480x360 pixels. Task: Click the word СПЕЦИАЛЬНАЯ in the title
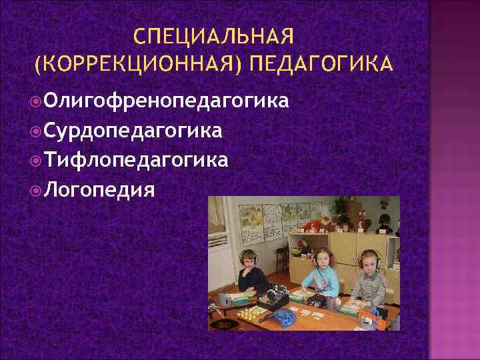click(x=213, y=34)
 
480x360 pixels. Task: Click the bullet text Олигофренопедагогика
click(x=167, y=101)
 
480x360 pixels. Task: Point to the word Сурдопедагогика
click(x=134, y=131)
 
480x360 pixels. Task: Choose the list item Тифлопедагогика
click(x=137, y=160)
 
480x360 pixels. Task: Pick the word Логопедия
click(x=100, y=190)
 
